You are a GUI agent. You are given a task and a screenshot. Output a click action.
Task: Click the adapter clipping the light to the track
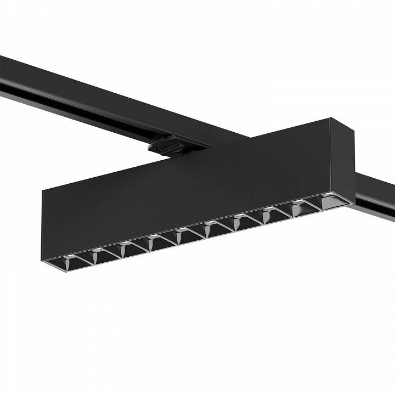164,146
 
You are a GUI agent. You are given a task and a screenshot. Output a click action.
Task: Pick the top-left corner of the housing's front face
43,187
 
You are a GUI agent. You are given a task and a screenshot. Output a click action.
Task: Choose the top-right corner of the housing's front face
330,118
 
